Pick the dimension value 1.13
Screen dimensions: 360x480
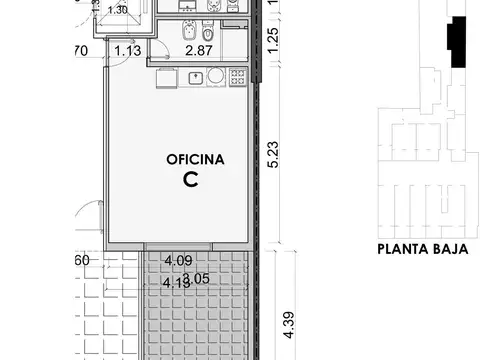point(126,50)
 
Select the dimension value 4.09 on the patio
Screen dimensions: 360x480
point(178,261)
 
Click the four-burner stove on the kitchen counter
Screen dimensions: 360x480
point(239,76)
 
